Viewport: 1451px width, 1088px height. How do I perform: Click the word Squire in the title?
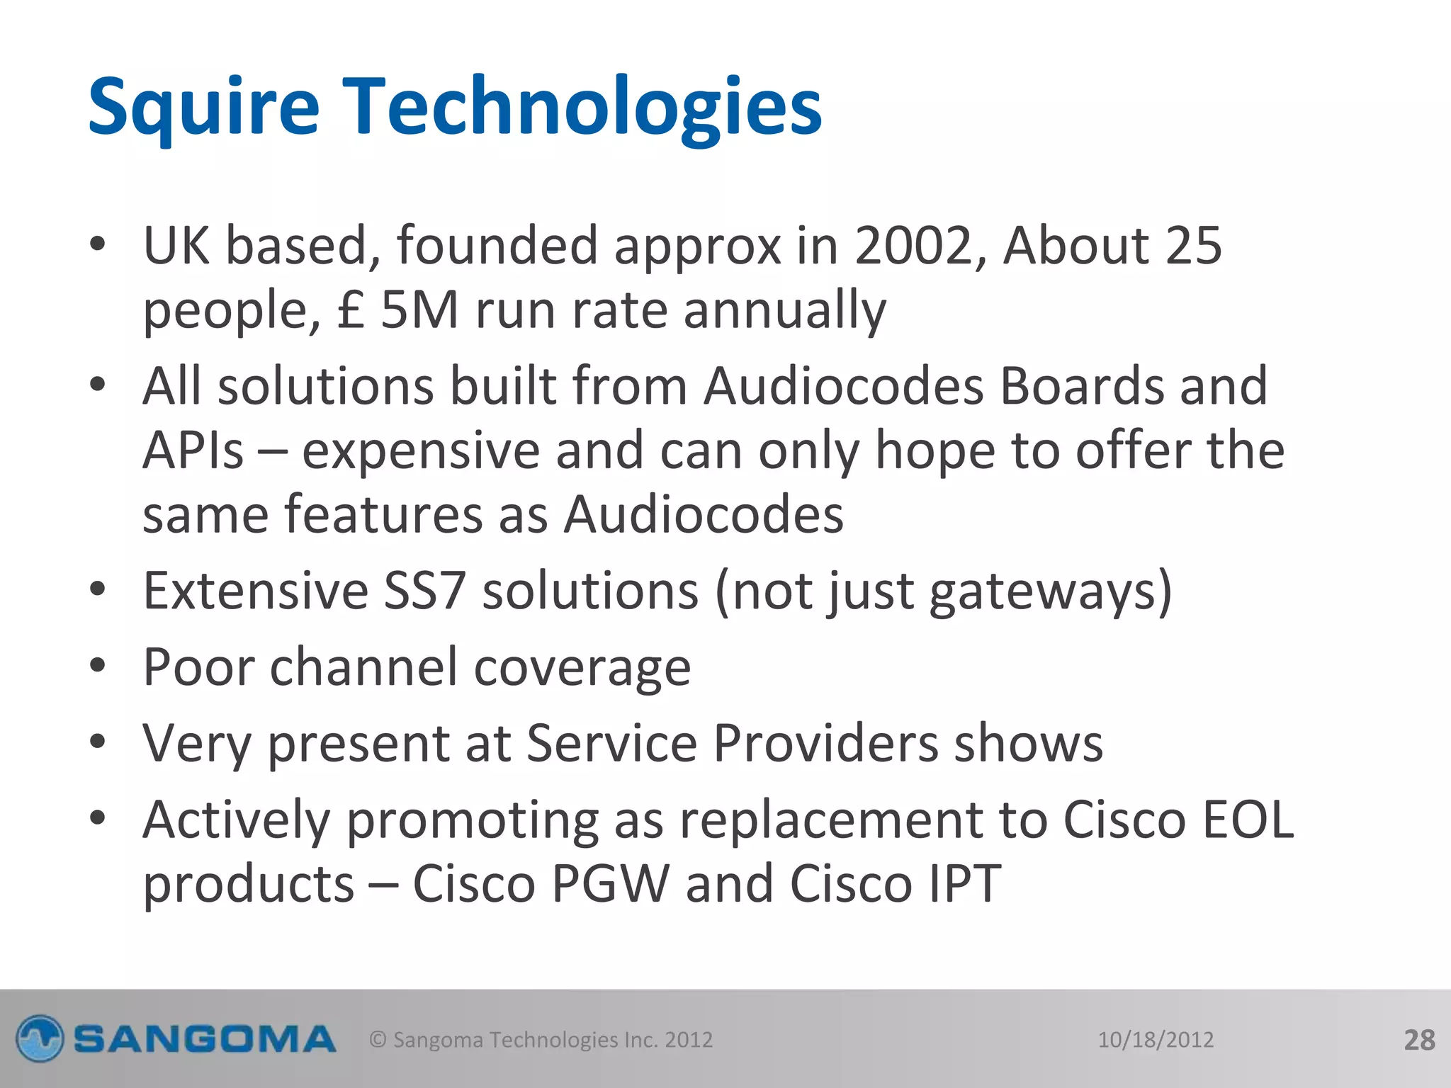click(203, 106)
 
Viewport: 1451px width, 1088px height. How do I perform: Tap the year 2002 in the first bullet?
click(911, 245)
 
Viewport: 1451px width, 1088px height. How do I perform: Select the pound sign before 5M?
click(351, 310)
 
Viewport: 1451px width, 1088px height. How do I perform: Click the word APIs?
click(193, 450)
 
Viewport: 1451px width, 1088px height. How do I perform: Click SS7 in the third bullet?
click(424, 590)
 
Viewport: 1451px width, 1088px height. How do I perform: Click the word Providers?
click(825, 743)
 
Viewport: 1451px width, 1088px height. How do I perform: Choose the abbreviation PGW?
click(610, 883)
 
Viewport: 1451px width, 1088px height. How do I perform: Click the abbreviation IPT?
click(965, 883)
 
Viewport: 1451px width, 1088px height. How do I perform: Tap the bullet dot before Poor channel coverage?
click(98, 666)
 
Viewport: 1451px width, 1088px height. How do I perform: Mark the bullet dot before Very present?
click(98, 742)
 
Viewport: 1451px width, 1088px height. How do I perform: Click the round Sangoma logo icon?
click(40, 1039)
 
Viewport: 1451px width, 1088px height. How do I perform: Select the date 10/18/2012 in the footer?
click(1156, 1040)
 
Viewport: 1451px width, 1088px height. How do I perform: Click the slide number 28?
click(1419, 1040)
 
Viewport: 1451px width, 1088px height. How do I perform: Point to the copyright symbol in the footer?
click(378, 1040)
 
